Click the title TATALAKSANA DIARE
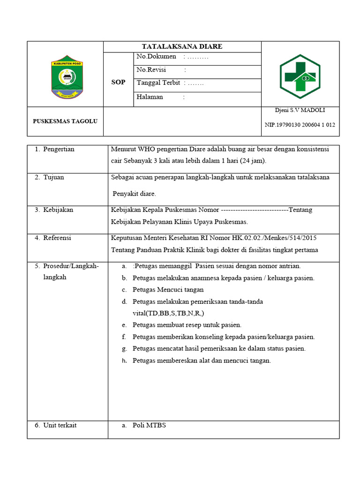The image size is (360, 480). [x=182, y=46]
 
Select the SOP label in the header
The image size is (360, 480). [x=118, y=82]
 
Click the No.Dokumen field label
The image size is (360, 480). [x=157, y=57]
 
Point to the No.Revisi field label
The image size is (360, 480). [x=152, y=70]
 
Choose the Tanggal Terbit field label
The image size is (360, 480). [x=158, y=83]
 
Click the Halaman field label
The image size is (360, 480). [x=150, y=97]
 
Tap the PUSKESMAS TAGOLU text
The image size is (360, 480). [x=65, y=121]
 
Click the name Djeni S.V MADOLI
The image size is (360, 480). [x=300, y=110]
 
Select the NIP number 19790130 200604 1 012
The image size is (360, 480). [x=300, y=125]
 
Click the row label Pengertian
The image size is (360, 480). [x=59, y=150]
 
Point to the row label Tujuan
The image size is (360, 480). [x=53, y=178]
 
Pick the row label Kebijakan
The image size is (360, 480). [x=58, y=210]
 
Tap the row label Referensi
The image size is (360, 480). [x=57, y=238]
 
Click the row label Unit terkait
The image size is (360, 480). [x=60, y=425]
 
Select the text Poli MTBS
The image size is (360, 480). [x=149, y=425]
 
